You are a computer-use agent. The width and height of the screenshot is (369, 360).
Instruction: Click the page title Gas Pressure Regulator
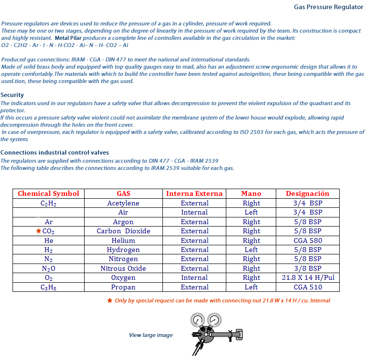328,7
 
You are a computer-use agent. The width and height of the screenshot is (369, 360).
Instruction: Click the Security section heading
12,95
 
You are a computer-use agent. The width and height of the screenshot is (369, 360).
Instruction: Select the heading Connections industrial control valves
54,152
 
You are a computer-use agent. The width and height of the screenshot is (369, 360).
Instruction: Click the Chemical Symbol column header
48,193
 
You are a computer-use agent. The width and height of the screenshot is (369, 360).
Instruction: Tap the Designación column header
307,193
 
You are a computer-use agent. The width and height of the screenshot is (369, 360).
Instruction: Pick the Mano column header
251,193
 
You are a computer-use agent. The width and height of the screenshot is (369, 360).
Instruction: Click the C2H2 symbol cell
48,203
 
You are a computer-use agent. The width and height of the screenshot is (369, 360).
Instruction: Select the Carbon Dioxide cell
123,231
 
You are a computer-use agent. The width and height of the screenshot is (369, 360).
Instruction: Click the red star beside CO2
38,231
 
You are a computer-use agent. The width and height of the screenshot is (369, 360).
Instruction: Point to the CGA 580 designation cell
307,240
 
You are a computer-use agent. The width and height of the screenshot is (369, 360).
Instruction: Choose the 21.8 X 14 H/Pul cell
307,278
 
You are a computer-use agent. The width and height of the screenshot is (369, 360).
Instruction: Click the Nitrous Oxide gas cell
123,268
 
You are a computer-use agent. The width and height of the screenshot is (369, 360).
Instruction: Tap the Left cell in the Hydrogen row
251,250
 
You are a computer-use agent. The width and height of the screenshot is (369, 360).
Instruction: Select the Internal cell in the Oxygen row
195,278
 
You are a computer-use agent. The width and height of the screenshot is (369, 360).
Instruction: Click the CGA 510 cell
307,287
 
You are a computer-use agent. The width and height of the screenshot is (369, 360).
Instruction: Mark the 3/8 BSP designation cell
307,268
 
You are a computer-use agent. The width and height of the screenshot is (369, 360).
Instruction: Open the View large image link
150,335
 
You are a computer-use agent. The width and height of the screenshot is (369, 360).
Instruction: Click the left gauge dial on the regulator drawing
196,320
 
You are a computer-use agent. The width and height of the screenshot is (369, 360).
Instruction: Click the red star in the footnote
110,300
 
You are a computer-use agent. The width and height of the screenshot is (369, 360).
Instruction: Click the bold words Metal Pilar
71,37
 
